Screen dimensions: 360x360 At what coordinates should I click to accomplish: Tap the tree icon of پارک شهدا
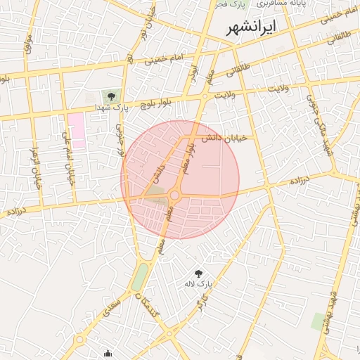[110, 96]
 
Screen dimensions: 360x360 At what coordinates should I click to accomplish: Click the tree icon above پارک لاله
[198, 272]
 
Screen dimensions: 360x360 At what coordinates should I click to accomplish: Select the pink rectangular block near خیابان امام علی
[77, 129]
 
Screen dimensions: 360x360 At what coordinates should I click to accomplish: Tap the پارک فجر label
[231, 4]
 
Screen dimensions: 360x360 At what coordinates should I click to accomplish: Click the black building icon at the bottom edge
[107, 354]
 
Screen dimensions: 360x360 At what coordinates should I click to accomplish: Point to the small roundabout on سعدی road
[80, 340]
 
